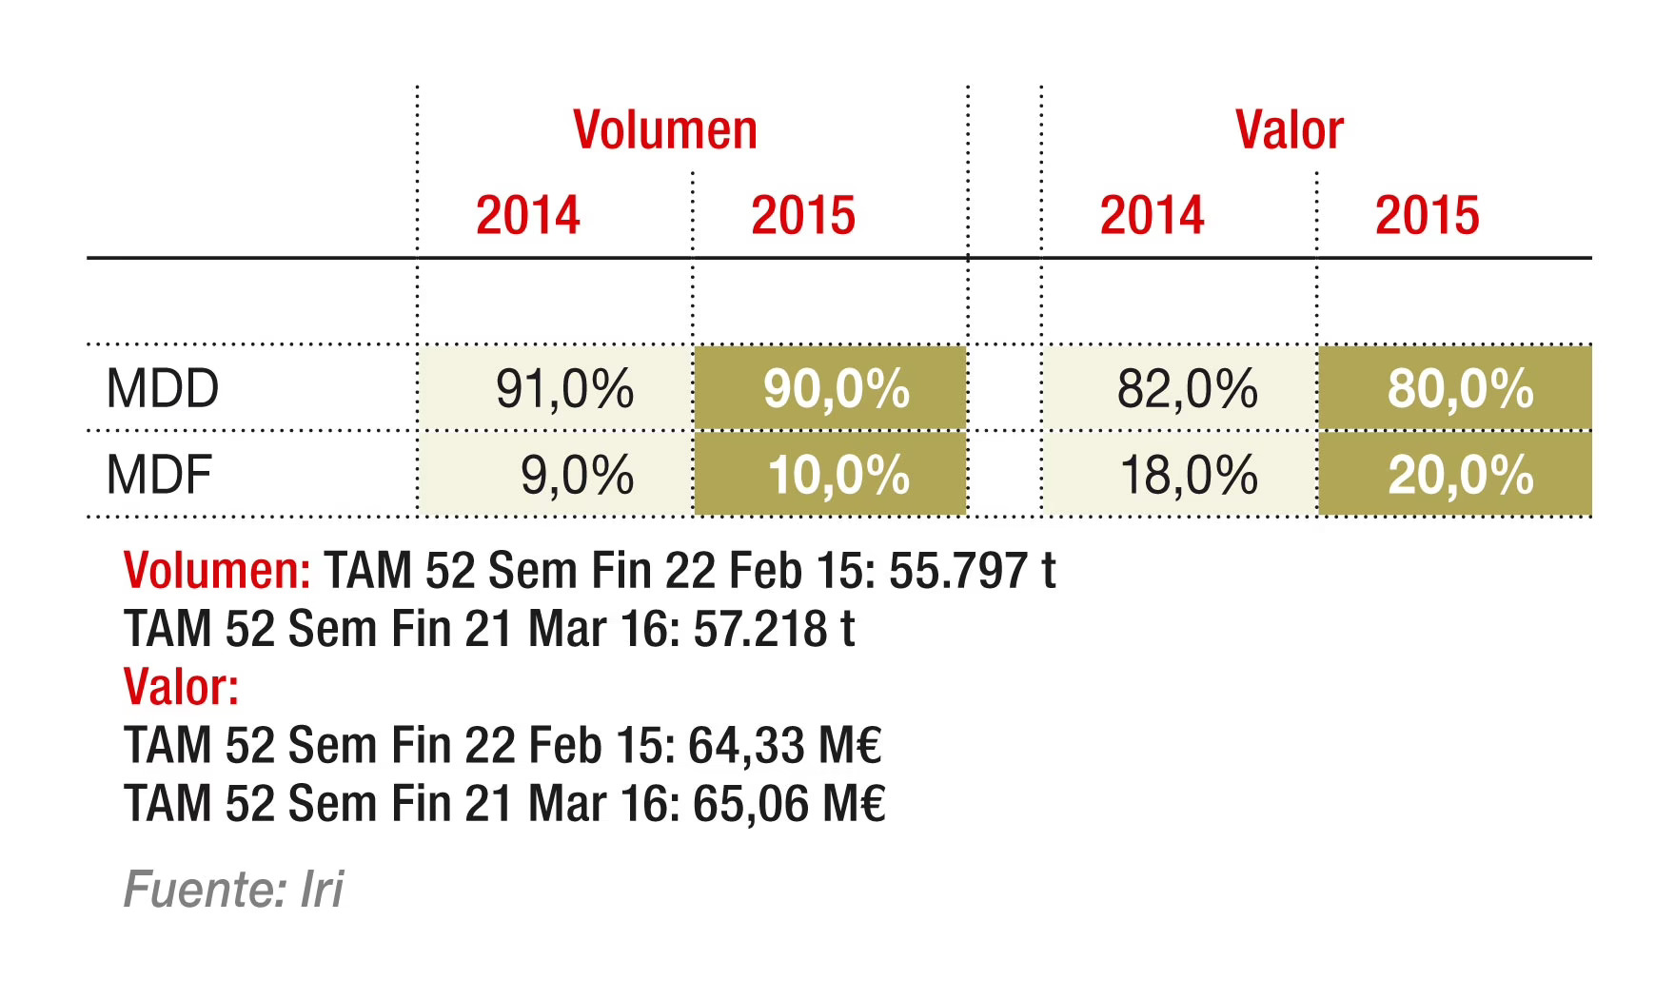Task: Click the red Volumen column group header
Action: [x=664, y=130]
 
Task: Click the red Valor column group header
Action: [x=1289, y=130]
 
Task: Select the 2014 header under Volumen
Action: [x=527, y=215]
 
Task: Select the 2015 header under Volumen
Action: [x=802, y=215]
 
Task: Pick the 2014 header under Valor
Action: [x=1152, y=215]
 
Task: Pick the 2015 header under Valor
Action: [x=1427, y=215]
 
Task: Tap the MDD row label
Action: [x=163, y=388]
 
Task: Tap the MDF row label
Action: [x=159, y=474]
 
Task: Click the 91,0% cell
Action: [x=564, y=388]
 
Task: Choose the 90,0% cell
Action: [x=836, y=388]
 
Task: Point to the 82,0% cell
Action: [x=1187, y=388]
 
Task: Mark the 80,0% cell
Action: [x=1460, y=388]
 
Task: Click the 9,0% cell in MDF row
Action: [x=577, y=474]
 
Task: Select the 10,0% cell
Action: [x=838, y=474]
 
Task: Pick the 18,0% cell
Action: [x=1189, y=474]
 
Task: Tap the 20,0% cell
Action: [x=1461, y=474]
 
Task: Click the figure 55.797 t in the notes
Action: [x=972, y=571]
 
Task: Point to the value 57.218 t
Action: [x=774, y=629]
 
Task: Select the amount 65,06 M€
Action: [x=789, y=803]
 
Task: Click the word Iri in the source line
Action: [x=322, y=890]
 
